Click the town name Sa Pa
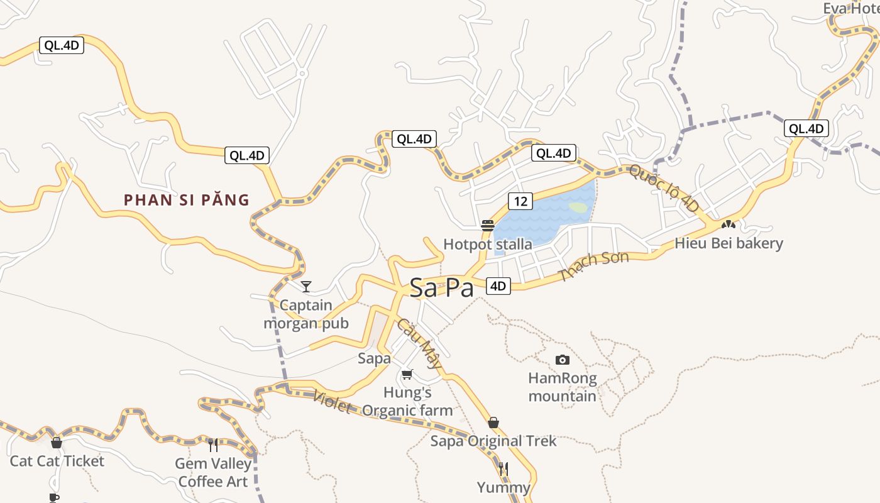[441, 287]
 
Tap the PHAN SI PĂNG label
[187, 201]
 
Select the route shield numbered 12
[520, 201]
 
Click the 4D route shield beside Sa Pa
[498, 286]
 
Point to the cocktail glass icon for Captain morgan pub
[306, 287]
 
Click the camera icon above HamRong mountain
[563, 360]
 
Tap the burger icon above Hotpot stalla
[487, 225]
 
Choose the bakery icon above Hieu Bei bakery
[729, 224]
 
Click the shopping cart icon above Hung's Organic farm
[407, 374]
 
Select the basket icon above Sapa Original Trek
[493, 422]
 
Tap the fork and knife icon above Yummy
[503, 468]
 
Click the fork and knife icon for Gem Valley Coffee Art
[213, 445]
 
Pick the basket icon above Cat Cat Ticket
[57, 443]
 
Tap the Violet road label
[332, 402]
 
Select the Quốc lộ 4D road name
[664, 188]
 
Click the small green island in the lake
[578, 207]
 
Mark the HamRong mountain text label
[562, 387]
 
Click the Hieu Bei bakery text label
[729, 243]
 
